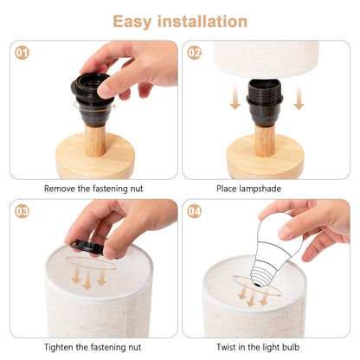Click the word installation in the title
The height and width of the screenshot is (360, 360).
pyautogui.click(x=202, y=22)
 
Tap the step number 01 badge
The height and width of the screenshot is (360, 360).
pyautogui.click(x=22, y=53)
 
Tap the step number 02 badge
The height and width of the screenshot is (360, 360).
pyautogui.click(x=195, y=53)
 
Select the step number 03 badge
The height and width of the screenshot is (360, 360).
pyautogui.click(x=22, y=211)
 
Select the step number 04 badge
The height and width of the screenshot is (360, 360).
pyautogui.click(x=195, y=211)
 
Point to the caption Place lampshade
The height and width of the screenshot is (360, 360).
pyautogui.click(x=248, y=189)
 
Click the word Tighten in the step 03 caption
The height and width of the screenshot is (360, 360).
pyautogui.click(x=59, y=347)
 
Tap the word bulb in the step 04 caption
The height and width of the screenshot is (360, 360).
pyautogui.click(x=290, y=347)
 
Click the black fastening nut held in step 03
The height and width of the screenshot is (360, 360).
pyautogui.click(x=87, y=247)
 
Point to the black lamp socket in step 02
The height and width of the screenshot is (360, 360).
pyautogui.click(x=265, y=103)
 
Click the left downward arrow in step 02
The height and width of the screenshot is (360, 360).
pyautogui.click(x=235, y=97)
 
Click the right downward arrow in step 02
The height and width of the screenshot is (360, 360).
pyautogui.click(x=299, y=97)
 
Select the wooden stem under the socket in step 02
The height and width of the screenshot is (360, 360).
pyautogui.click(x=265, y=141)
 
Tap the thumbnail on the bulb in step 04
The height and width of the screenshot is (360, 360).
pyautogui.click(x=285, y=232)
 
